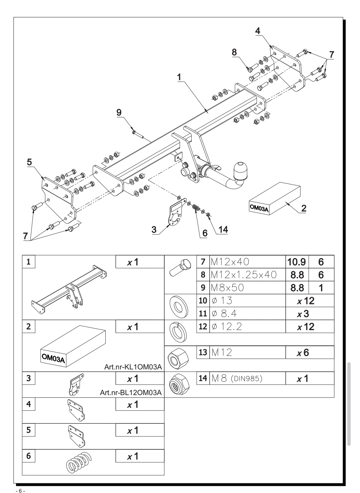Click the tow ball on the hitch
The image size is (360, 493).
pyautogui.click(x=240, y=171)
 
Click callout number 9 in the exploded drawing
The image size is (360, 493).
pyautogui.click(x=119, y=113)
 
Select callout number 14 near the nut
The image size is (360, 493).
pyautogui.click(x=223, y=230)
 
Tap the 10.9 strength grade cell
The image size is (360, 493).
pyautogui.click(x=297, y=262)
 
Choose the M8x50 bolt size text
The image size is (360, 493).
pyautogui.click(x=227, y=287)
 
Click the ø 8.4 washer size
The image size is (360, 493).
pyautogui.click(x=224, y=313)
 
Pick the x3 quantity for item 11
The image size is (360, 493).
pyautogui.click(x=303, y=314)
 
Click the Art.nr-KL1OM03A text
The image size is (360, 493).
pyautogui.click(x=133, y=367)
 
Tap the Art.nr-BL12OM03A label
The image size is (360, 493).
pyautogui.click(x=131, y=393)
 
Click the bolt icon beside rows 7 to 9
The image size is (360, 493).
pyautogui.click(x=180, y=268)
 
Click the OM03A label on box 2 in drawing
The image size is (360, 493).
pyautogui.click(x=259, y=208)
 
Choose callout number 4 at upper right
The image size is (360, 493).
pyautogui.click(x=258, y=31)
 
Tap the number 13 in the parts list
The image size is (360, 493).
pyautogui.click(x=203, y=352)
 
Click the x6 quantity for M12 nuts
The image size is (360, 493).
pyautogui.click(x=303, y=352)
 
